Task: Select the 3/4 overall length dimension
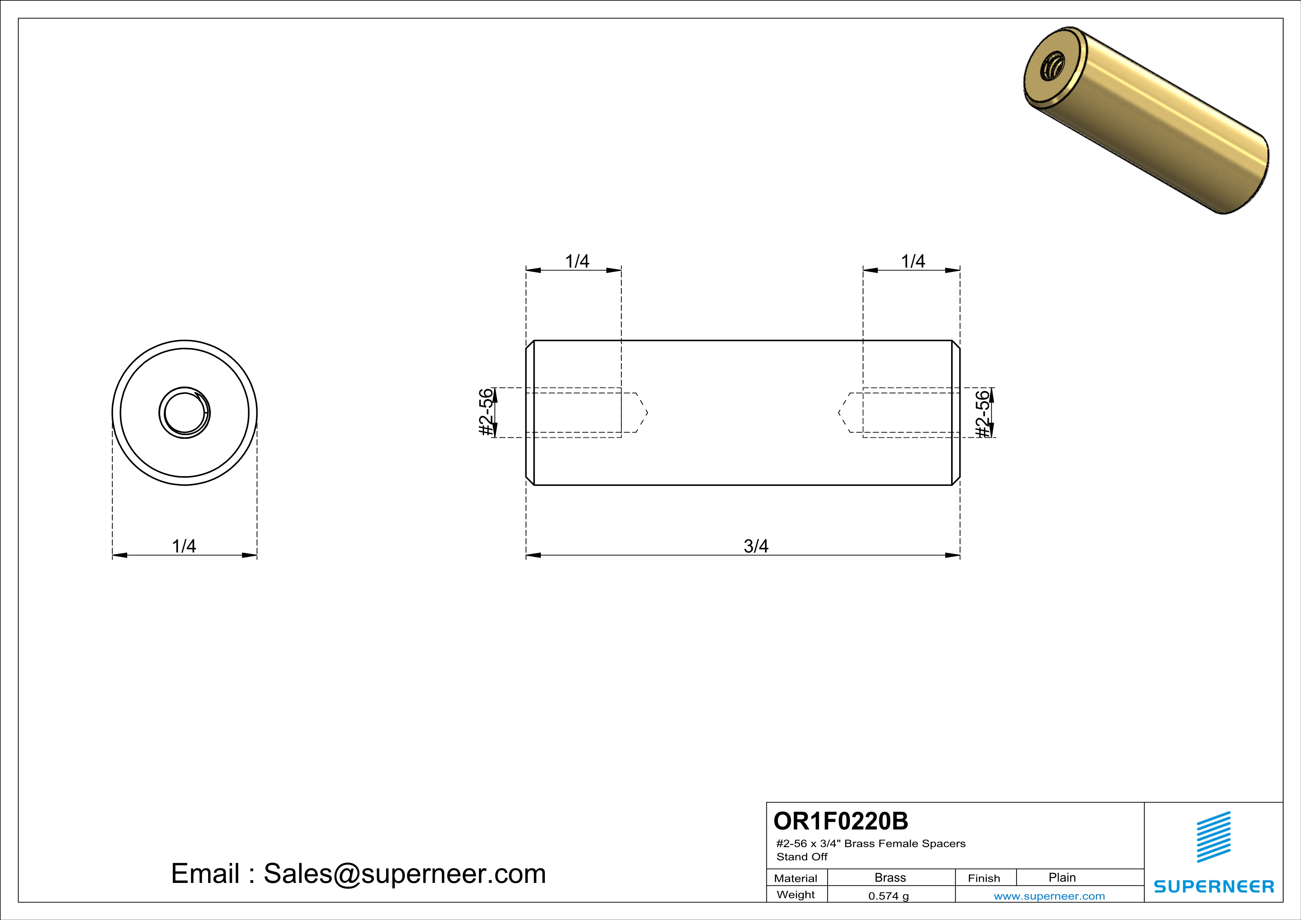pyautogui.click(x=756, y=546)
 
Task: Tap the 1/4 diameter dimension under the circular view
pyautogui.click(x=184, y=546)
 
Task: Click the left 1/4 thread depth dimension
pyautogui.click(x=577, y=261)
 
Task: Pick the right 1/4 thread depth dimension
pyautogui.click(x=913, y=261)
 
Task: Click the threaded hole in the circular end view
pyautogui.click(x=185, y=413)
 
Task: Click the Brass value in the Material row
pyautogui.click(x=890, y=877)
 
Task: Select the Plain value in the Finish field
pyautogui.click(x=1062, y=877)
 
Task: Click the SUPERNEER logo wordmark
pyautogui.click(x=1214, y=886)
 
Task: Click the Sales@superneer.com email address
pyautogui.click(x=405, y=874)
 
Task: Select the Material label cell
pyautogui.click(x=796, y=878)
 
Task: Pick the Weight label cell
pyautogui.click(x=796, y=894)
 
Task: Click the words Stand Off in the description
pyautogui.click(x=802, y=857)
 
